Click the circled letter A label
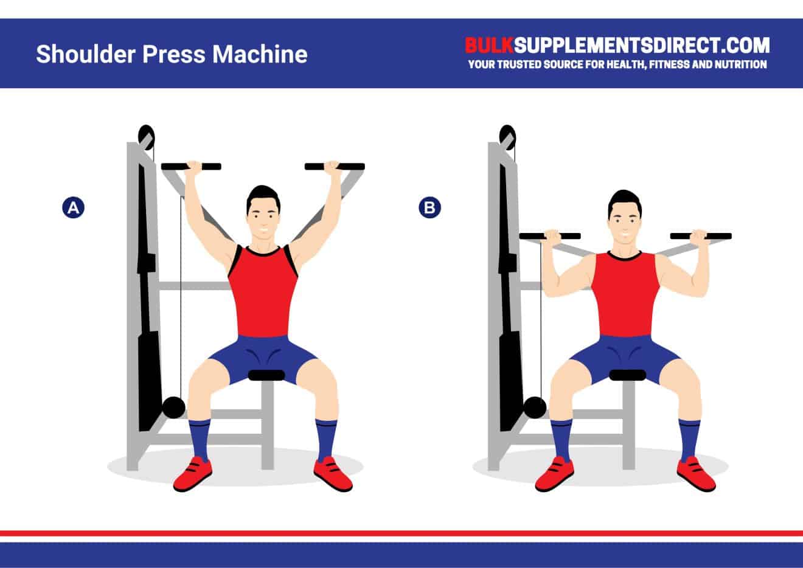73,208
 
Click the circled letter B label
429,208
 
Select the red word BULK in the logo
489,45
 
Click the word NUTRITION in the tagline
738,64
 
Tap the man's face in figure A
263,216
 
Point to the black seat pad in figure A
266,375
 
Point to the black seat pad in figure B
627,375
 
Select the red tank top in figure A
263,292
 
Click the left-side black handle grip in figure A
191,166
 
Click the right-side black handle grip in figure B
701,236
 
